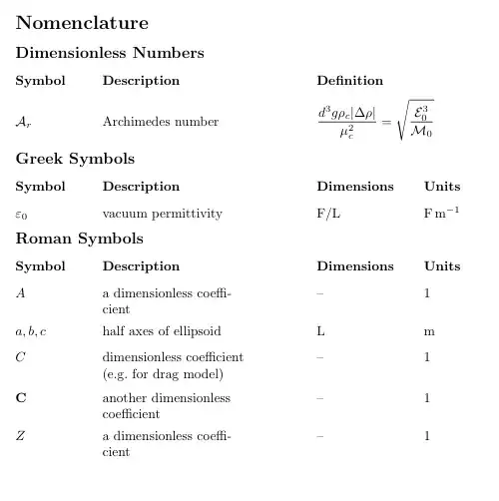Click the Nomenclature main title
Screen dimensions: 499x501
[x=82, y=23]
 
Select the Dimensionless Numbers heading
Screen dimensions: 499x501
[x=110, y=53]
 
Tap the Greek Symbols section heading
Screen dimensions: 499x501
[x=75, y=159]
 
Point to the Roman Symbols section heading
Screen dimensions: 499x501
[x=79, y=239]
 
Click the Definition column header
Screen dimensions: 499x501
[x=349, y=81]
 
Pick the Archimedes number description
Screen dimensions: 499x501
[x=160, y=122]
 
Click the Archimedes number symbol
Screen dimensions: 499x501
[x=24, y=122]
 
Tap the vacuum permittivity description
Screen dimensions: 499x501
[x=162, y=214]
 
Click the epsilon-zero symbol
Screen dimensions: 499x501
[x=21, y=214]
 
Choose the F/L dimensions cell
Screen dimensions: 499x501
[x=328, y=214]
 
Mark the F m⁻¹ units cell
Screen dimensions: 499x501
[x=441, y=213]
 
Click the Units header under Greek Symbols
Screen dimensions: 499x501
[x=442, y=187]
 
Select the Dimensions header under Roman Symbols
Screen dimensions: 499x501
[x=354, y=266]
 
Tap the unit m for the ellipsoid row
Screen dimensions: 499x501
[x=428, y=330]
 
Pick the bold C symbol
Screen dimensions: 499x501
[x=21, y=397]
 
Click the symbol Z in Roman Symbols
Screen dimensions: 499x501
[x=21, y=436]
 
